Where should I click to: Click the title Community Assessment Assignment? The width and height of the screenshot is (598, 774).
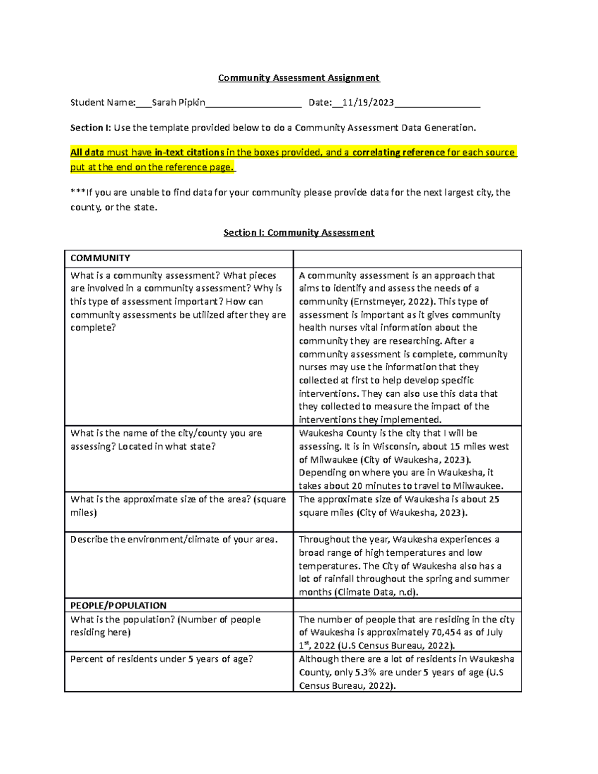pyautogui.click(x=299, y=78)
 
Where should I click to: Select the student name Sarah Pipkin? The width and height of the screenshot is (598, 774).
pyautogui.click(x=178, y=103)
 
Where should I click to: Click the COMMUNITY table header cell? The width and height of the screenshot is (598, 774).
pyautogui.click(x=100, y=258)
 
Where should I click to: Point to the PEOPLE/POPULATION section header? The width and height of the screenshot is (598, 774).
pyautogui.click(x=118, y=606)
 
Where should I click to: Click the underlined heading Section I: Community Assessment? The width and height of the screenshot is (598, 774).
pyautogui.click(x=299, y=233)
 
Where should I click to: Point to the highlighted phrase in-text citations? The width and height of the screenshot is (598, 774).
pyautogui.click(x=189, y=153)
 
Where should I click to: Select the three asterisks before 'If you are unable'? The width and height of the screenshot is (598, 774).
pyautogui.click(x=78, y=192)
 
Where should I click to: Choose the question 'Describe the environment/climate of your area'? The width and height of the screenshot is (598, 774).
pyautogui.click(x=173, y=539)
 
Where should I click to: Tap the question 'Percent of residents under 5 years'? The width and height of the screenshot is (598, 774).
pyautogui.click(x=161, y=659)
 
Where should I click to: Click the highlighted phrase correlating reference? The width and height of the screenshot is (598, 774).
pyautogui.click(x=398, y=153)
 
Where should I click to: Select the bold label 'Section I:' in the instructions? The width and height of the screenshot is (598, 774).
pyautogui.click(x=90, y=128)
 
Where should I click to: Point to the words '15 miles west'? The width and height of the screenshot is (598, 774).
pyautogui.click(x=479, y=447)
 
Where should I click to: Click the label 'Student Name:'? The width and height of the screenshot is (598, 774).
pyautogui.click(x=103, y=103)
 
